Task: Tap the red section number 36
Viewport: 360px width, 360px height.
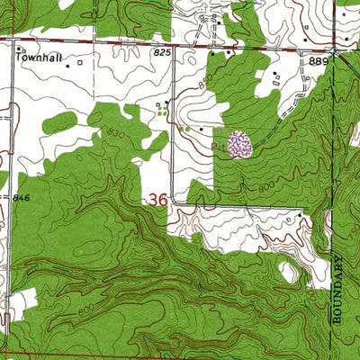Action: (156, 199)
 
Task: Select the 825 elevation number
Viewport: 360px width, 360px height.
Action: (162, 54)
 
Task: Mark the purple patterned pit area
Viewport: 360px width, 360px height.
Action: (238, 144)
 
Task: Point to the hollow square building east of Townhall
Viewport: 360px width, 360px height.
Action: (79, 63)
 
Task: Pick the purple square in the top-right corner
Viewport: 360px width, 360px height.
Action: (343, 14)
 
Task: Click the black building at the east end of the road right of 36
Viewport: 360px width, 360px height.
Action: (300, 216)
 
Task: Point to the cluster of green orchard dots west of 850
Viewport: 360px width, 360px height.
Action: (162, 112)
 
